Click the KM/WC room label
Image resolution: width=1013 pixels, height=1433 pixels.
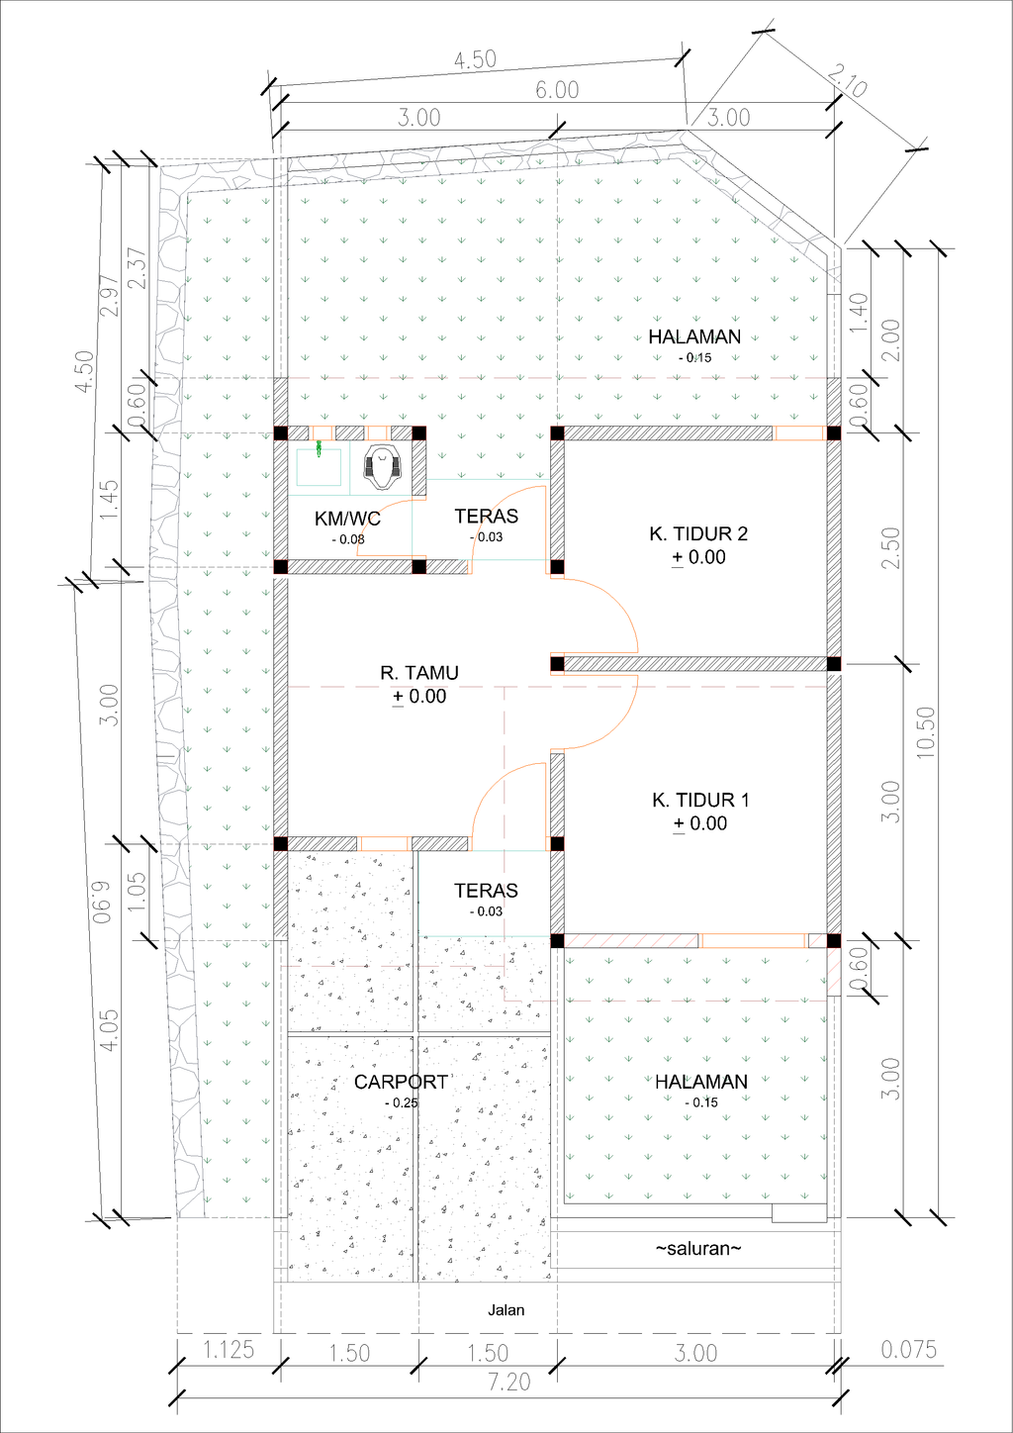347,519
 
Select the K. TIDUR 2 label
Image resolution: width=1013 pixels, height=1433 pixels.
698,533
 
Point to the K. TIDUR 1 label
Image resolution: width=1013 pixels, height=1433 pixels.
701,800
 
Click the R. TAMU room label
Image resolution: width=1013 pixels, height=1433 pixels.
419,673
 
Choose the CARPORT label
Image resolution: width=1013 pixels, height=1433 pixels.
401,1082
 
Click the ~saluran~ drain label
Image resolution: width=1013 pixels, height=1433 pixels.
698,1248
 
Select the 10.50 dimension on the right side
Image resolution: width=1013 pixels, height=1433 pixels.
925,732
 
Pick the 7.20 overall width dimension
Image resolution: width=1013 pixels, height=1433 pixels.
509,1382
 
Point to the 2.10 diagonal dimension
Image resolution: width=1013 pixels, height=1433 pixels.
848,80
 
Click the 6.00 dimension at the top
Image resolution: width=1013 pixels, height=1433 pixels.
557,90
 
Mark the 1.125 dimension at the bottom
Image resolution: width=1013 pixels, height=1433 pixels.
229,1350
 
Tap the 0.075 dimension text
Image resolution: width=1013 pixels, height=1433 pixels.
909,1350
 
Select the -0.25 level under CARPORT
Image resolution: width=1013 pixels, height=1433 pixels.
401,1102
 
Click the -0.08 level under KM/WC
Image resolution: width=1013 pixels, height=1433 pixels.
348,539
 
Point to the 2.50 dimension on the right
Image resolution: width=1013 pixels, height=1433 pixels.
891,547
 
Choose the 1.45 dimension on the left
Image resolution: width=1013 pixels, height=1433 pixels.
110,500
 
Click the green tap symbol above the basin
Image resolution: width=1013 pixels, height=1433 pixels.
319,447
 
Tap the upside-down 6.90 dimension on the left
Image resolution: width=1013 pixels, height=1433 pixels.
103,902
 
